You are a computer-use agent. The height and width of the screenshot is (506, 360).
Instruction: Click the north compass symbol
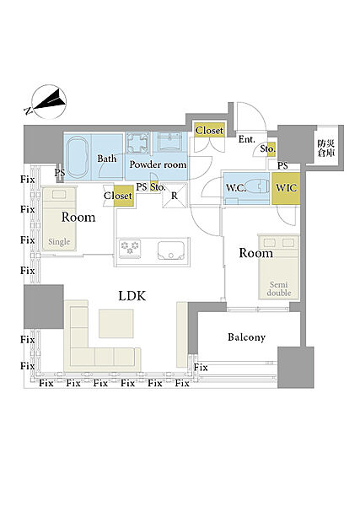50,102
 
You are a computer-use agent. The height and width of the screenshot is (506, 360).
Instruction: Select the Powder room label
158,164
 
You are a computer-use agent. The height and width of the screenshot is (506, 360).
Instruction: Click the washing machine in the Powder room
138,143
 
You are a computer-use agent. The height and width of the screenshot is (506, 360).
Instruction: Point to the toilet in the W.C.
257,187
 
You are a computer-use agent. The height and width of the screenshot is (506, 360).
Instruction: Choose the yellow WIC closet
286,188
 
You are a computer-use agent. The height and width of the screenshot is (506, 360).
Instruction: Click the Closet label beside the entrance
209,131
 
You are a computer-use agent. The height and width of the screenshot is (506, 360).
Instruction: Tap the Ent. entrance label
247,139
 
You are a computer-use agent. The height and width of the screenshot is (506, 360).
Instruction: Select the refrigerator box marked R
175,196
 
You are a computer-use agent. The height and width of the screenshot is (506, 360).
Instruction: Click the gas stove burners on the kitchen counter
130,248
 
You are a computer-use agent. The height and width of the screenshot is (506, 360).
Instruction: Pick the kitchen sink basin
171,250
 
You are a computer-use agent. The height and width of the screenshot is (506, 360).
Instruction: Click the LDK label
132,296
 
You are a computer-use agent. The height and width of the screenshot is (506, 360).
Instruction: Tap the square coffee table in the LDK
116,323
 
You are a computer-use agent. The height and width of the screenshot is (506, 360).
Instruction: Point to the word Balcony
247,337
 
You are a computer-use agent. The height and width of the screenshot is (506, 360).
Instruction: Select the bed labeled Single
60,218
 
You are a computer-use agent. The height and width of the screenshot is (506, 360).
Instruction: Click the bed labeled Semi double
279,267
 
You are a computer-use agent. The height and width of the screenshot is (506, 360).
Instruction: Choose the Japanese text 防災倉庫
326,148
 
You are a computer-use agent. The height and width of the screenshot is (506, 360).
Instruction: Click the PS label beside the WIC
282,166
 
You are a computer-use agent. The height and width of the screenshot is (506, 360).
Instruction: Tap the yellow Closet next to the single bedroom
124,196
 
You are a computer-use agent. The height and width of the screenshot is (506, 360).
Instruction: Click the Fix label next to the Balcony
201,367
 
